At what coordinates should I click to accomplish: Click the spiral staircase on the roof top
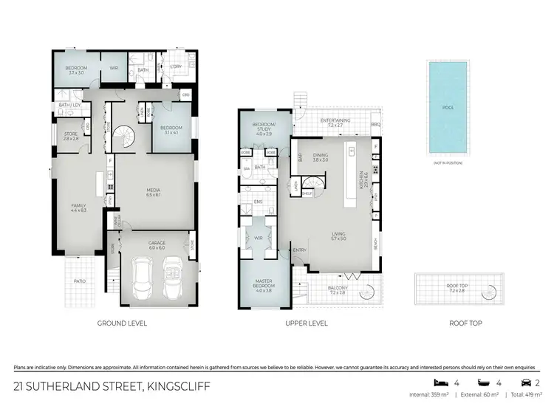488,293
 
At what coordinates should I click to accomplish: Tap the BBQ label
375,123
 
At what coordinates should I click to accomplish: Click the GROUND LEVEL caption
122,323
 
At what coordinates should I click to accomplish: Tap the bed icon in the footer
439,383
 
